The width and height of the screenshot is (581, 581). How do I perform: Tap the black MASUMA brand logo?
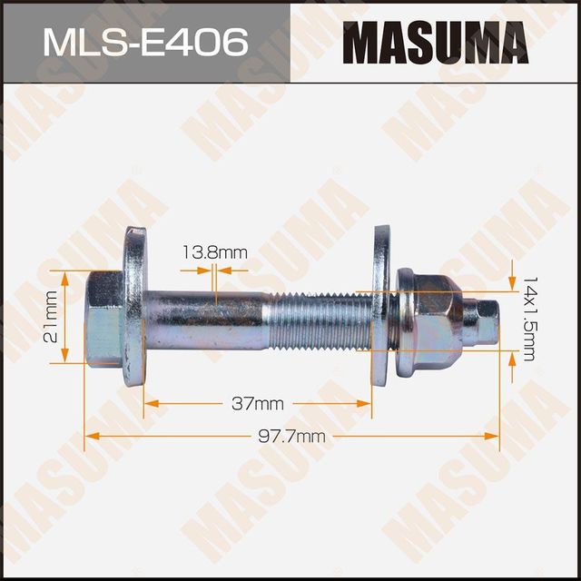click(435, 43)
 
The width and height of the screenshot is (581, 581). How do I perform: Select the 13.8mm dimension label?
click(213, 252)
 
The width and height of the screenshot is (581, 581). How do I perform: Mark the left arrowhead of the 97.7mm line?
click(89, 436)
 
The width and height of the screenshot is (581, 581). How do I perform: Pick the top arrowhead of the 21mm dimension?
click(64, 275)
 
